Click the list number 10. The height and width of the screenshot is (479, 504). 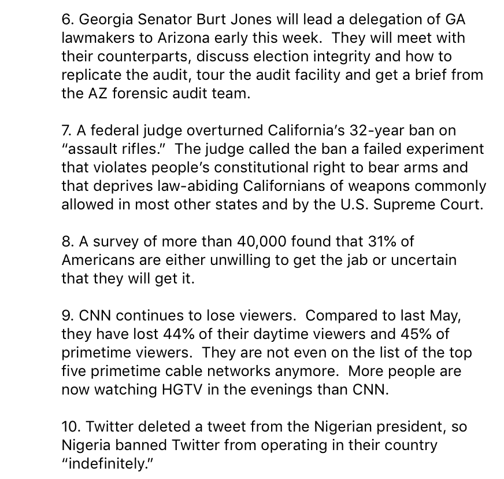(x=71, y=426)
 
